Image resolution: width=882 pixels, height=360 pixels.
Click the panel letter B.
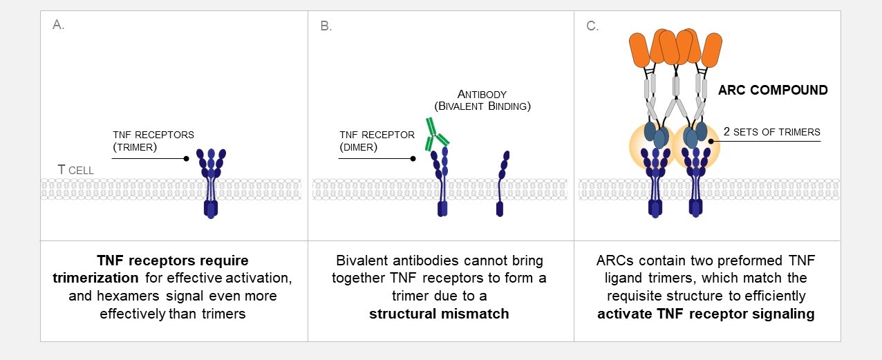coord(326,26)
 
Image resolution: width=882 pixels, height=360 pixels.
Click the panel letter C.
coord(592,26)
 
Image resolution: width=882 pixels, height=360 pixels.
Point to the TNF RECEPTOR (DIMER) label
coord(377,142)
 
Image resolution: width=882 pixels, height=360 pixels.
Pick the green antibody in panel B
coord(437,135)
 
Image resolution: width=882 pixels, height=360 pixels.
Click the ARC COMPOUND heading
coord(773,90)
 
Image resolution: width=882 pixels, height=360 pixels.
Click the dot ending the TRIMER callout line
coord(187,158)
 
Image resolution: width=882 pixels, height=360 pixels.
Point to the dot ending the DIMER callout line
coord(413,158)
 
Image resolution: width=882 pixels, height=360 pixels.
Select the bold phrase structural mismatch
coord(439,314)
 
